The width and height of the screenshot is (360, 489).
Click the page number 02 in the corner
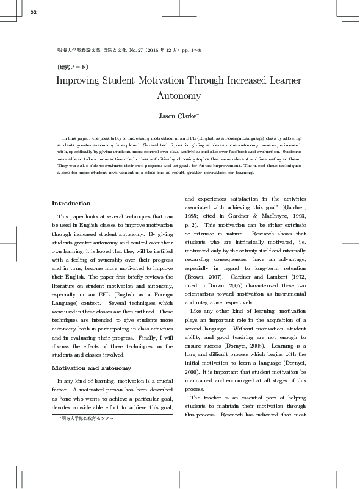click(x=34, y=12)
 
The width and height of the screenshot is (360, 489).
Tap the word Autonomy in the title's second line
click(x=179, y=96)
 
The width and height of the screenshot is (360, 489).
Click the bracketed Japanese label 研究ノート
click(x=73, y=66)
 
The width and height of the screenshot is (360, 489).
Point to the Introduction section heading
click(x=71, y=204)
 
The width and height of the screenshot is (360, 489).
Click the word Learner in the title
click(x=283, y=80)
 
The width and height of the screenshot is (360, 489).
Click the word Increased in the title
click(x=253, y=80)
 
